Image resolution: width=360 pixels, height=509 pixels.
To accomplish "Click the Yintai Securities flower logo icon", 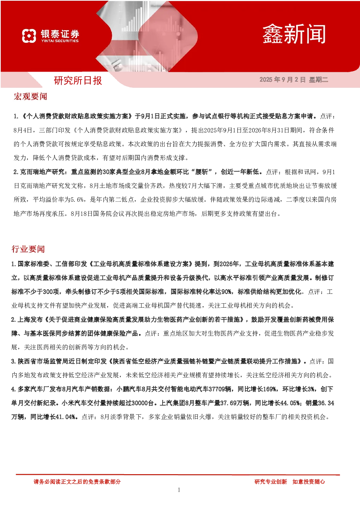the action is tap(29, 36).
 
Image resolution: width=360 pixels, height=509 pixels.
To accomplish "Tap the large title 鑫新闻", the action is tap(294, 34).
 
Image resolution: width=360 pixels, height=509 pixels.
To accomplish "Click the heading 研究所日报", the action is tap(78, 81).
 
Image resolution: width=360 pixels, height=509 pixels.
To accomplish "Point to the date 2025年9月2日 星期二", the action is tap(294, 79).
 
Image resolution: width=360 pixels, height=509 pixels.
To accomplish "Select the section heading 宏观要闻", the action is tap(30, 97).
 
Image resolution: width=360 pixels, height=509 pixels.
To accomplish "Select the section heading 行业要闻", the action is tap(28, 249).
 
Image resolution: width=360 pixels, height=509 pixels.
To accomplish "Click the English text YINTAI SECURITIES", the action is tap(60, 41).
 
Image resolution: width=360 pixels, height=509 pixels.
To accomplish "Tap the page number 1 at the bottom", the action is tap(179, 490).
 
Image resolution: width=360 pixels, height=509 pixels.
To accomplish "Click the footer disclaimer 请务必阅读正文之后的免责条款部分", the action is tap(77, 481).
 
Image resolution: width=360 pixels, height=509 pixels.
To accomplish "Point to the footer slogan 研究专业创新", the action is tap(271, 481).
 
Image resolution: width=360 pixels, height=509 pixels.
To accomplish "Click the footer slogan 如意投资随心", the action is tap(308, 481).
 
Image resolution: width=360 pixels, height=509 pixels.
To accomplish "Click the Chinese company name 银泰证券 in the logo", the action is tap(60, 34).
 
